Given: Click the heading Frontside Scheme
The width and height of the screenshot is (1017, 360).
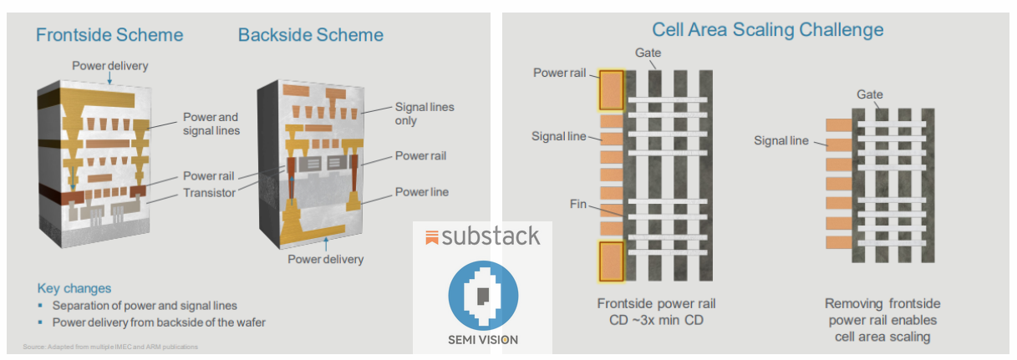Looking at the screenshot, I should click(x=109, y=35).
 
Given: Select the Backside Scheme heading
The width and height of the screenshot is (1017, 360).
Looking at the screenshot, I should click(x=310, y=35).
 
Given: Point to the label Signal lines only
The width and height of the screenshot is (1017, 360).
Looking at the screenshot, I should click(x=424, y=114).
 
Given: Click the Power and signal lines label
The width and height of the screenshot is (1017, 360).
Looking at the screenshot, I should click(x=211, y=124).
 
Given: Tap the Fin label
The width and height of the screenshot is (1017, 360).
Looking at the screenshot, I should click(x=578, y=203).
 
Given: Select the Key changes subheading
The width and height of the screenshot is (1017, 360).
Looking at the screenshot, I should click(x=74, y=288).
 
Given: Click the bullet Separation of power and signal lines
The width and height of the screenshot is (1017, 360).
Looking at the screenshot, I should click(x=145, y=305).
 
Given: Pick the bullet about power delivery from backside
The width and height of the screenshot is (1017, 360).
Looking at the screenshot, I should click(x=159, y=322).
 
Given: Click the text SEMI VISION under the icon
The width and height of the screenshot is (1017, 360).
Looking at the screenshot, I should click(x=483, y=340).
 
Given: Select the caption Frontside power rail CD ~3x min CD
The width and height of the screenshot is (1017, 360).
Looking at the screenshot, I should click(x=656, y=312).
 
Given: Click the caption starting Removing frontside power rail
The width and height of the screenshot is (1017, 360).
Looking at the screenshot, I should click(x=881, y=320).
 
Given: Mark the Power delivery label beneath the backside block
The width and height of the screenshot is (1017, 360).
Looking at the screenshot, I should click(x=325, y=259).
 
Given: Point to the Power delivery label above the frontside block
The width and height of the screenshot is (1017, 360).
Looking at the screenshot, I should click(x=109, y=65).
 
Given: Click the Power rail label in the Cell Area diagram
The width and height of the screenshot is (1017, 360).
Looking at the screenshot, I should click(x=562, y=73).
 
